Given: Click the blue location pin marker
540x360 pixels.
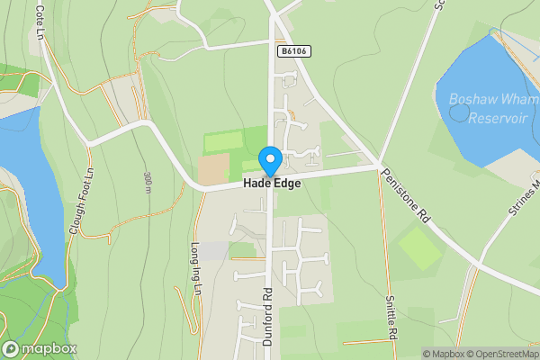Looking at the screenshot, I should [270, 160].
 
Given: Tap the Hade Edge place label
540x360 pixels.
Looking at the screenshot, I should [271, 183].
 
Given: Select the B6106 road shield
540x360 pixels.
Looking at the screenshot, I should [293, 52].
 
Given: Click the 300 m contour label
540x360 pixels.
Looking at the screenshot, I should [147, 182].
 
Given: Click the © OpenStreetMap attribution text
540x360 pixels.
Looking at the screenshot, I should [499, 354].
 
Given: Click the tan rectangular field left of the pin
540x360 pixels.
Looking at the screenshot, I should [214, 168].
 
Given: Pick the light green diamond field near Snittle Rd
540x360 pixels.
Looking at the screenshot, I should [419, 249].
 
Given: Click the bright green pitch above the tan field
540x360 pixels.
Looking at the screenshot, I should [223, 141].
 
